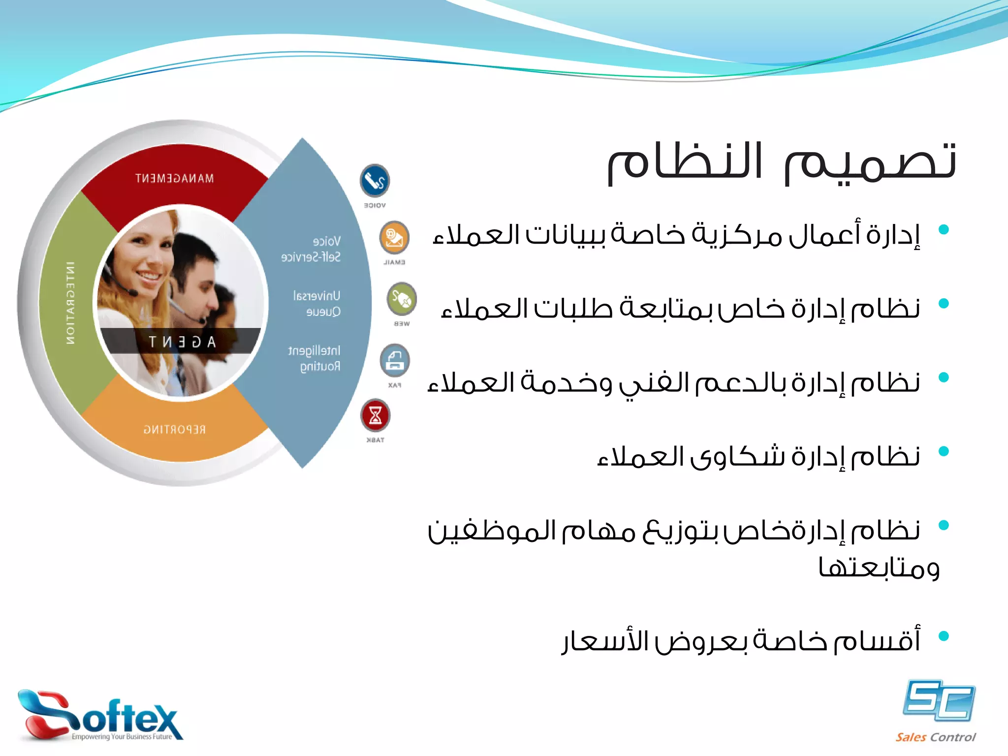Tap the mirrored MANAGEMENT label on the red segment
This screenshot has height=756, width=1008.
tap(175, 178)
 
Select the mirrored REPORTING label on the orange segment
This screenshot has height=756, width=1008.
tap(175, 430)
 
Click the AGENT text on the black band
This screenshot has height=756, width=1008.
tap(182, 342)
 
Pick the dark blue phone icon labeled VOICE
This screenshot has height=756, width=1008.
tap(375, 180)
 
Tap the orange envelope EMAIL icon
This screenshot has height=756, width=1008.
tap(394, 238)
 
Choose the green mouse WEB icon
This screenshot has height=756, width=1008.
tap(402, 299)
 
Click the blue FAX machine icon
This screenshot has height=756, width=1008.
tap(394, 360)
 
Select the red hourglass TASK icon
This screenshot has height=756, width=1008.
tap(375, 415)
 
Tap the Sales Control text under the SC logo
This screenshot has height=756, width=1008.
tap(935, 737)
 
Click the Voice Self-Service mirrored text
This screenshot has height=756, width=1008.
tap(311, 249)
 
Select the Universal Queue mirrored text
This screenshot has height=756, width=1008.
tap(316, 304)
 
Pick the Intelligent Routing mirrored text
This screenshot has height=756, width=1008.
tap(314, 358)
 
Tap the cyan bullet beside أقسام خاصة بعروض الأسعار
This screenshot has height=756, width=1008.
tap(944, 636)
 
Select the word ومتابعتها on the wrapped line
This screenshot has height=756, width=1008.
tap(879, 567)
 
